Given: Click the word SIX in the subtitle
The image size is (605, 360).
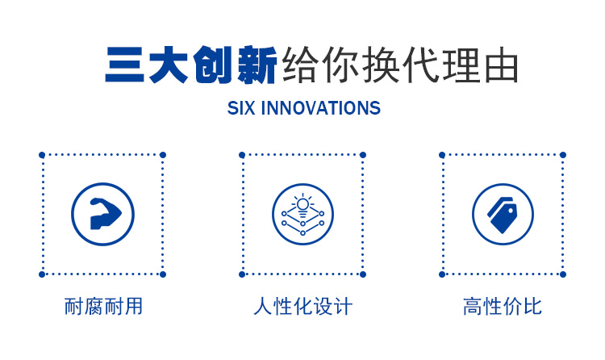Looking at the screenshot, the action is [240, 108].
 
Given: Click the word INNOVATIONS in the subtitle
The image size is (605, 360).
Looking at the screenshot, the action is [320, 108].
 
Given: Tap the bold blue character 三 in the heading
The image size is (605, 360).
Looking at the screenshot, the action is [124, 65].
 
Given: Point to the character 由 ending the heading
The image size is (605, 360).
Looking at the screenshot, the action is [501, 65].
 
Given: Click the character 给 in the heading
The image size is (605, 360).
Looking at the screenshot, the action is [301, 65].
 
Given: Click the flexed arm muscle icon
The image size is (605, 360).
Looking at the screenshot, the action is [105, 214].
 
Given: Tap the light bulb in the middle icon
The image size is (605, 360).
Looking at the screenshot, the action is [302, 206].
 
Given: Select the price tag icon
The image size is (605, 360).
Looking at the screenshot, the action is [503, 215].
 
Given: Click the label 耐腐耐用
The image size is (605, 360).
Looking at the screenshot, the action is [103, 307].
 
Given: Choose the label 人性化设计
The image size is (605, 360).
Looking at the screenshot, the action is [302, 307].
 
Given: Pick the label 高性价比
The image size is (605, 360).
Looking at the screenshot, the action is [503, 307].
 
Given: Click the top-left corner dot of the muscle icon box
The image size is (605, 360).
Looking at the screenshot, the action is [42, 155].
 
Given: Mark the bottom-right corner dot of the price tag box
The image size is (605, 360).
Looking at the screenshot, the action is [563, 274].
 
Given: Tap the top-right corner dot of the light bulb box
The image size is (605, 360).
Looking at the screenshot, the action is [363, 155].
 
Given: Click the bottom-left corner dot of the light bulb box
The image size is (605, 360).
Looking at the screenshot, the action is [242, 274].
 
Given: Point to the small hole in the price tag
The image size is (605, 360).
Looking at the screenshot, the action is [511, 211].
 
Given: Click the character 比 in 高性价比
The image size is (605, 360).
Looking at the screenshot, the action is [532, 307].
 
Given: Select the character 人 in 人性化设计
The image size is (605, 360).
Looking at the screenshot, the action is [263, 307].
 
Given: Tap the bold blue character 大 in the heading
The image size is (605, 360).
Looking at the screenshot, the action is [169, 65].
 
